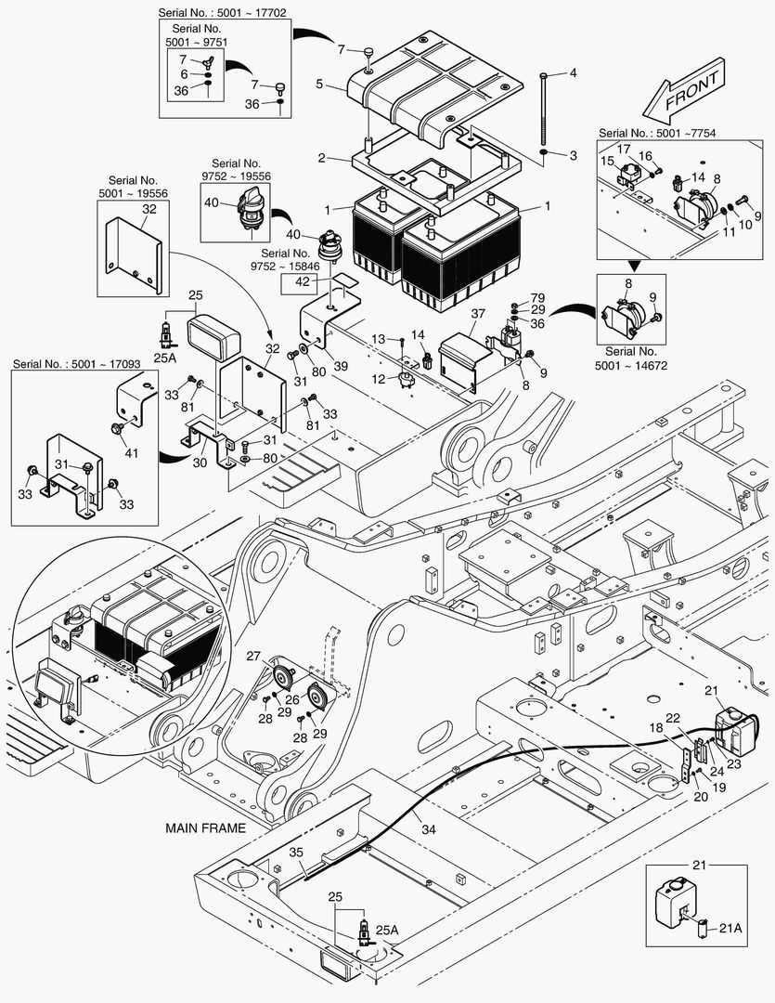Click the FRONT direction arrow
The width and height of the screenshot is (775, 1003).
coord(684,90)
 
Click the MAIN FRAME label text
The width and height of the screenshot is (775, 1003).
coord(205,828)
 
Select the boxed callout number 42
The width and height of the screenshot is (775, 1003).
coord(303,282)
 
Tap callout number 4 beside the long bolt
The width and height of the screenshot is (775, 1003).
coord(573,73)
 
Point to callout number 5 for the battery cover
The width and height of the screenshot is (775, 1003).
coord(319,84)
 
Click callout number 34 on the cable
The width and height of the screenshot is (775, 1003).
coord(429,829)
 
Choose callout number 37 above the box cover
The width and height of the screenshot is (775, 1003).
coord(478,314)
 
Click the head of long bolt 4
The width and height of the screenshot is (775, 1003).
coord(544,76)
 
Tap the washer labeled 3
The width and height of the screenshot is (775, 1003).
coord(543,152)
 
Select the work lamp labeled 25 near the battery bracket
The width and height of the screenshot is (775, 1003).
coord(213,337)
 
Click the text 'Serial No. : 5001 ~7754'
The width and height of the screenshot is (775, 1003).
coord(657,133)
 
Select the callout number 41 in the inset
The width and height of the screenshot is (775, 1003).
coord(131,453)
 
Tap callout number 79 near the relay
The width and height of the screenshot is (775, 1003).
coord(537,297)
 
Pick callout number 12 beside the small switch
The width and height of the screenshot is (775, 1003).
coord(379,379)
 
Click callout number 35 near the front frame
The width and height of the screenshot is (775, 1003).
coord(296,853)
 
